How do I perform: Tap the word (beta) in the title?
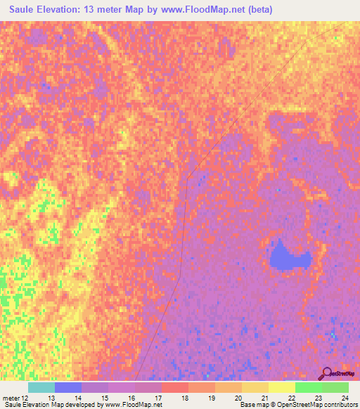pos(256,10)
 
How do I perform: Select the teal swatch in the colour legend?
pos(41,387)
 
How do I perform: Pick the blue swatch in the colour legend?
pos(68,387)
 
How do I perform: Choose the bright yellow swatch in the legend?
pos(281,387)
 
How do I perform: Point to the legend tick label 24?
pos(345,398)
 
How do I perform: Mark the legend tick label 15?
pos(105,398)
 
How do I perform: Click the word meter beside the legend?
pos(11,398)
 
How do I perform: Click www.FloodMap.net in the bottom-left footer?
pos(130,405)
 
